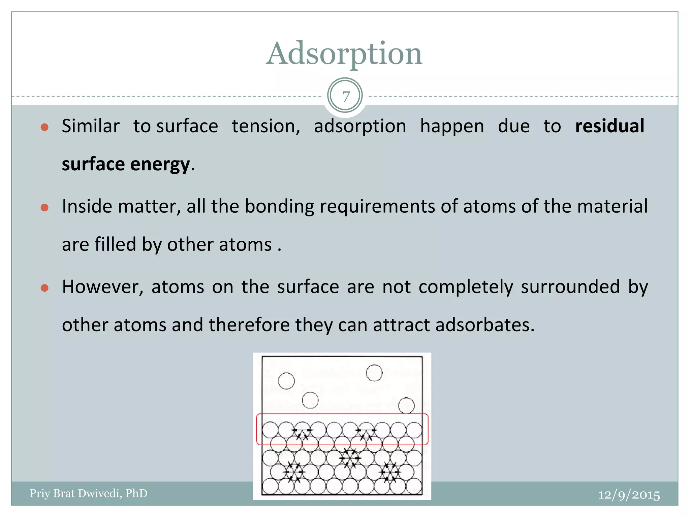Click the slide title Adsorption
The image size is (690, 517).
pos(344,54)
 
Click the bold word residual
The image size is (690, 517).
pos(609,126)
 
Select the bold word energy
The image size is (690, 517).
pos(160,165)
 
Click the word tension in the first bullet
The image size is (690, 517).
pos(265,127)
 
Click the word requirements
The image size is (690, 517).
pos(377,207)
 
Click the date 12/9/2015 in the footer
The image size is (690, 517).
pos(629,495)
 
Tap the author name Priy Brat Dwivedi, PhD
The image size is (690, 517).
pos(89,493)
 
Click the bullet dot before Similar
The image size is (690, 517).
pos(44,128)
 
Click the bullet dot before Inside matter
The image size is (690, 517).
pos(44,208)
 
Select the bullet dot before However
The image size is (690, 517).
pos(44,288)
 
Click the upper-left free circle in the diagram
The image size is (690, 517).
pos(286,381)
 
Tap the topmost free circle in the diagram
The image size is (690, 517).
pos(374,373)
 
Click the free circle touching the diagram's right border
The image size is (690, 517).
pos(406,405)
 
